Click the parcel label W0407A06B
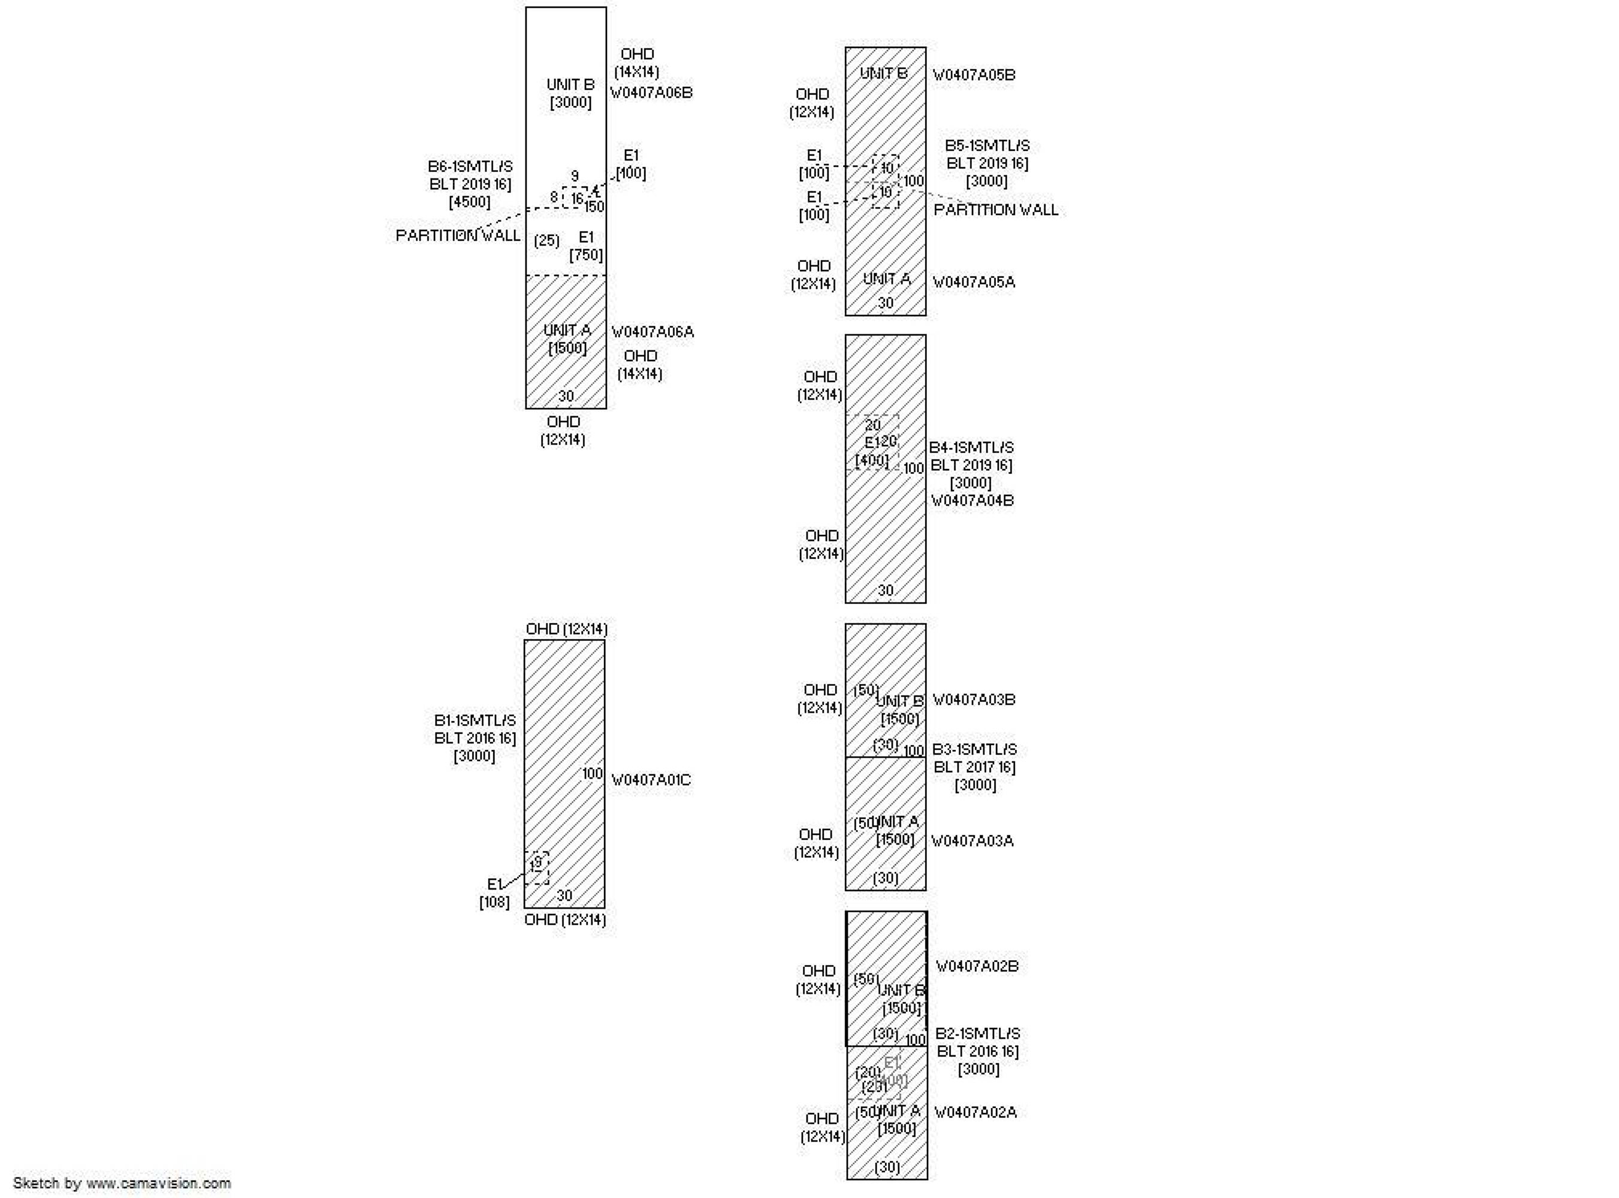[651, 93]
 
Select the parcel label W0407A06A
[652, 332]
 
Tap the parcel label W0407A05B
[974, 75]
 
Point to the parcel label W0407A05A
[974, 282]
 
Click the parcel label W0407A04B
[972, 500]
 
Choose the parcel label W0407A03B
[974, 700]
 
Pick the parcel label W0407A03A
[972, 841]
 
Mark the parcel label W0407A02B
[977, 967]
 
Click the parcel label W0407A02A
[975, 1112]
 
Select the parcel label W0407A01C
[651, 780]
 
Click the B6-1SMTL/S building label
[470, 167]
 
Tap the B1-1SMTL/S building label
[475, 721]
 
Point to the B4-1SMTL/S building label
[971, 448]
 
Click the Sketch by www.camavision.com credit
[122, 1183]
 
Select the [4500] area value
[469, 202]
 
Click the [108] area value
[494, 902]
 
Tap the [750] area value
[586, 255]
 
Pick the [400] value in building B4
[872, 460]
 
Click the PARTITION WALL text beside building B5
[995, 210]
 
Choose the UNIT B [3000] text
[570, 93]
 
